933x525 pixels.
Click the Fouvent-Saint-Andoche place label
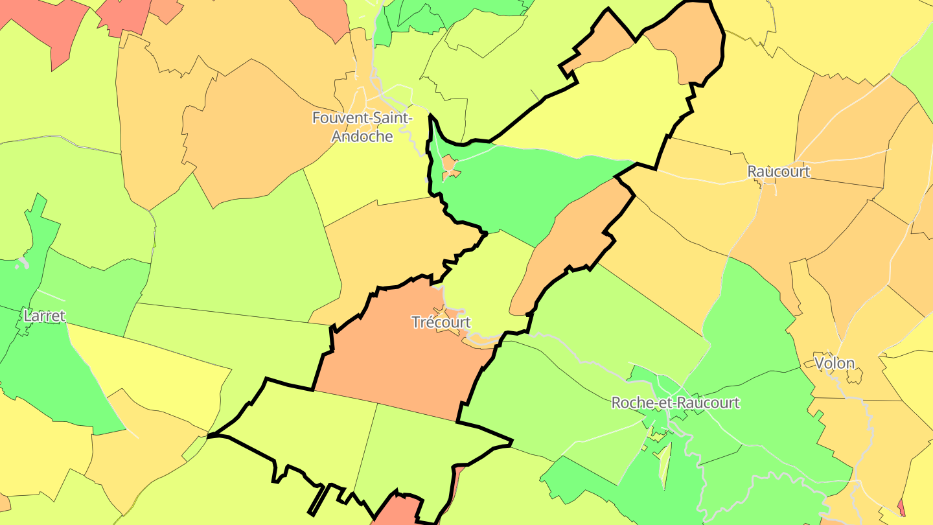pyautogui.click(x=362, y=127)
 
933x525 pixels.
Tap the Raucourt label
pyautogui.click(x=778, y=172)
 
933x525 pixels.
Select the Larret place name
pyautogui.click(x=44, y=316)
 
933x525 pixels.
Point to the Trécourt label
pyautogui.click(x=441, y=322)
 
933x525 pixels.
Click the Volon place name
pyautogui.click(x=835, y=363)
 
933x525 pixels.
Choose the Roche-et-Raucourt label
pyautogui.click(x=675, y=403)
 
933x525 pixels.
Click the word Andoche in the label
pyautogui.click(x=362, y=136)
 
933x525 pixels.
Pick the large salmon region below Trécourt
pyautogui.click(x=395, y=369)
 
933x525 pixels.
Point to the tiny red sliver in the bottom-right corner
pyautogui.click(x=901, y=507)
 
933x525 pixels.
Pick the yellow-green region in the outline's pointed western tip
pyautogui.click(x=305, y=428)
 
